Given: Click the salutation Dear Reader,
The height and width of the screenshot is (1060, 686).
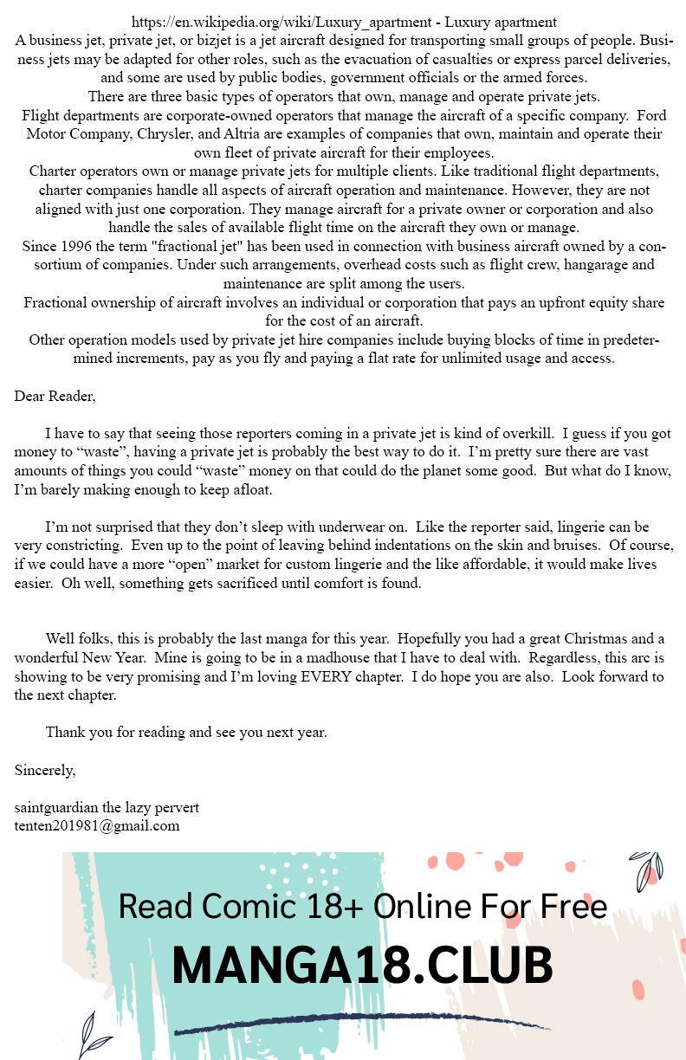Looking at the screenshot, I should (55, 397).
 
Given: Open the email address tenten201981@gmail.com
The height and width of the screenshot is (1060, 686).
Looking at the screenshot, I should (97, 825).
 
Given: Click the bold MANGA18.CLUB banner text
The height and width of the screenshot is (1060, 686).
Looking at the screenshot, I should (362, 965).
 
